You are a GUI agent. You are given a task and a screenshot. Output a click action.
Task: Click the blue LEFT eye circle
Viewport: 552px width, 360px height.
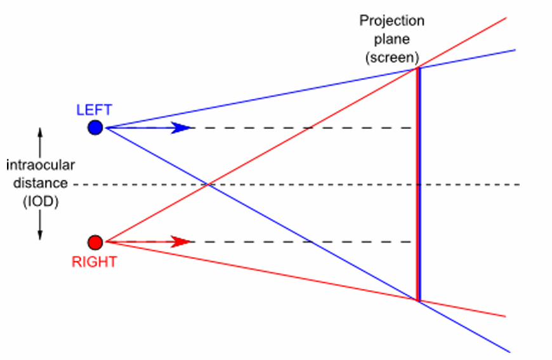95,128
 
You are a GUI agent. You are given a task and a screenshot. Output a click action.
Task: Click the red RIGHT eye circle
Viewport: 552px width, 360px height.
95,242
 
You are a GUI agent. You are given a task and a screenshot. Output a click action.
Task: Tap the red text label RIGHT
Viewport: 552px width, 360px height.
94,261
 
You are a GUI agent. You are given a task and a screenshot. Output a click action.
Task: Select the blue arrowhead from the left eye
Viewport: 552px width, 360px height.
183,128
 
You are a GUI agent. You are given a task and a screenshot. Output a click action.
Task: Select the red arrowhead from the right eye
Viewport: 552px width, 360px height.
183,242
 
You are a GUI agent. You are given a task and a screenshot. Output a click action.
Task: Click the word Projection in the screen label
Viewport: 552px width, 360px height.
391,20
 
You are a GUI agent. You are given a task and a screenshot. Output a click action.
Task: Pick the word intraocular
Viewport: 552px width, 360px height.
41,166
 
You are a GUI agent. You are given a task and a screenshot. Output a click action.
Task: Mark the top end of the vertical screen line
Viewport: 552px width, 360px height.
417,69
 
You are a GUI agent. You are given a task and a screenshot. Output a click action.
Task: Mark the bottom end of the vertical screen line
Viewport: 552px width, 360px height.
417,299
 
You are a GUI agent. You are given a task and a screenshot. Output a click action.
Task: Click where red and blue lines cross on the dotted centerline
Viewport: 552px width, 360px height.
207,185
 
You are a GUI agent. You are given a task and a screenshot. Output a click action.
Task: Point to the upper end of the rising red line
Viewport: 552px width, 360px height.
506,18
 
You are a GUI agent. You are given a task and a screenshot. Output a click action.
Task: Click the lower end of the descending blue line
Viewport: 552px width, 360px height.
509,351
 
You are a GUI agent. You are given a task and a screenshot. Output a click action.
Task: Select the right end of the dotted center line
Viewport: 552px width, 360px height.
519,185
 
